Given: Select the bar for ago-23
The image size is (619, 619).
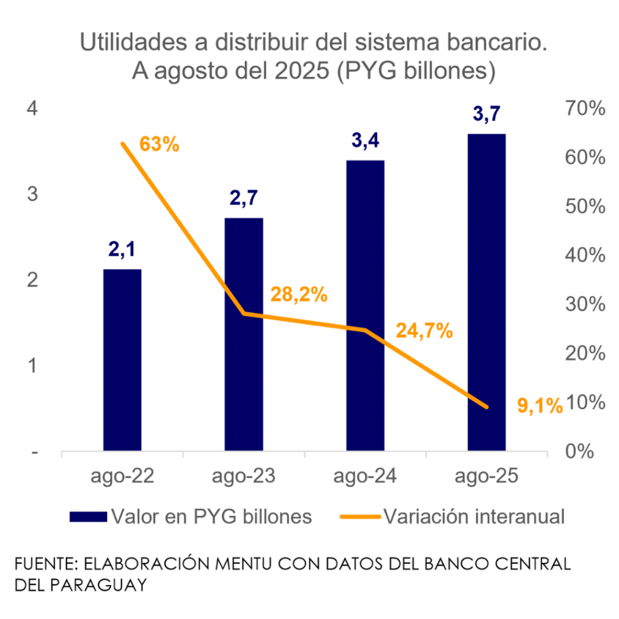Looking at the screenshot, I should coord(244,334).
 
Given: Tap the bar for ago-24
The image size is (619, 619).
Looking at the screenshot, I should coord(365,305).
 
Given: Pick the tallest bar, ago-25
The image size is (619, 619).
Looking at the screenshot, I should coord(487,292).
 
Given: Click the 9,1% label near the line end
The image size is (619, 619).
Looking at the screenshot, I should coord(540,406).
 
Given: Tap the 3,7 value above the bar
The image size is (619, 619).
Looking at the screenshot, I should coord(487,113).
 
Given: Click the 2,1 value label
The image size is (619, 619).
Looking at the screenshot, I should coord(122,249).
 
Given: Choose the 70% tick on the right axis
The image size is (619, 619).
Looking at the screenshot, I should coord(584,109).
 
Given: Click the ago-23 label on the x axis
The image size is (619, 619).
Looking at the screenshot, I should coord(244,477).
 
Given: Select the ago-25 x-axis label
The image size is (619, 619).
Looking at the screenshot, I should coord(487,477).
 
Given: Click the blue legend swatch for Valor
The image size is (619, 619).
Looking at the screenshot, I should coord(88,516).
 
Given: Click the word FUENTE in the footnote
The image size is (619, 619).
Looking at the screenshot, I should coord(45,564).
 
